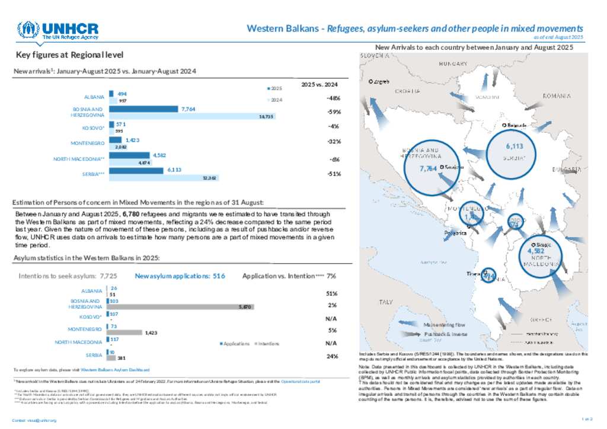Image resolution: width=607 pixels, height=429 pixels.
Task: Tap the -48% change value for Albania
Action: (333, 98)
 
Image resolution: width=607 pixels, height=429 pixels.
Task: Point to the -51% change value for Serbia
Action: (333, 174)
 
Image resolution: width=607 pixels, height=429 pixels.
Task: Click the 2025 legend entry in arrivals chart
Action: (274, 88)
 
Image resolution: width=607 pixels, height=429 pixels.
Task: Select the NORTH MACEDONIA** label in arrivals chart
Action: (78, 159)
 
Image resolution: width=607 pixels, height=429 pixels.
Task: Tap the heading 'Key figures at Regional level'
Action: (70, 55)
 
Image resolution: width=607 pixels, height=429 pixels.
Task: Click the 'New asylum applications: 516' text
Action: (180, 276)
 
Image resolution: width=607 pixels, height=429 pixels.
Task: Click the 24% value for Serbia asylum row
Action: (332, 356)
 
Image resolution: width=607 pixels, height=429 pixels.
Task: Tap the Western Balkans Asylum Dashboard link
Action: (111, 369)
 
